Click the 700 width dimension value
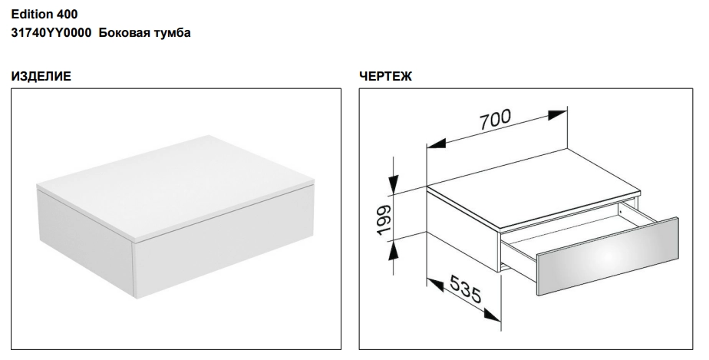point(495,120)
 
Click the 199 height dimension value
point(384,220)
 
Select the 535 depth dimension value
point(465,290)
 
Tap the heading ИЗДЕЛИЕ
point(41,77)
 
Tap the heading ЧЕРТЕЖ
point(386,77)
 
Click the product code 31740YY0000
point(51,32)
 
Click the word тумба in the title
point(173,32)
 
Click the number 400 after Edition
point(67,15)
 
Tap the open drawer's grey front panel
point(608,256)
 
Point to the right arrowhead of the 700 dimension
point(557,115)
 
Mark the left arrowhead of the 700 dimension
point(437,144)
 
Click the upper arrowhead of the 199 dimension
point(394,184)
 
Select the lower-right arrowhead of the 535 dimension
point(492,315)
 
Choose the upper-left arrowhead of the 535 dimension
point(435,285)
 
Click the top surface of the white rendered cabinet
point(176,186)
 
